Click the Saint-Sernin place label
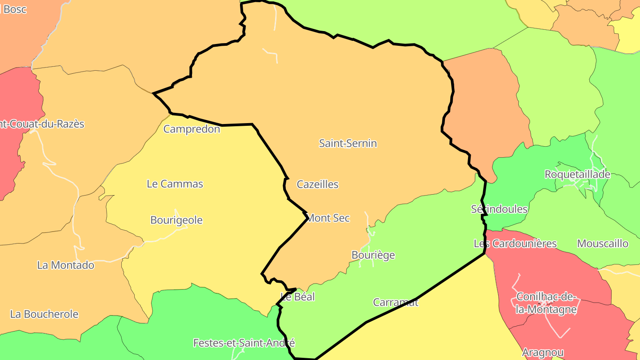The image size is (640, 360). point(348,143)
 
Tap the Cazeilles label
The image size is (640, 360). point(317,184)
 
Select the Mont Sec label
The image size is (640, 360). point(328,218)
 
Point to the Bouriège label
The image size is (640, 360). point(373,255)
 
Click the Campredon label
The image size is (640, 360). point(192,129)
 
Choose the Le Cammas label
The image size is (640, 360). point(175,184)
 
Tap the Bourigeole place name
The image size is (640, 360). point(176,220)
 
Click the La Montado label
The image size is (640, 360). point(66,265)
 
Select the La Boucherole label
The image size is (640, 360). point(44,314)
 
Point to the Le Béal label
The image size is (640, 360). point(298,296)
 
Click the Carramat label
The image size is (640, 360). point(396,302)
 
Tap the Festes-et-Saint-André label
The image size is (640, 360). point(244,343)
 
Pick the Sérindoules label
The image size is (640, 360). point(499,209)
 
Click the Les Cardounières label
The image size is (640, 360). point(515,243)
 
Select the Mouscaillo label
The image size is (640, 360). point(603,243)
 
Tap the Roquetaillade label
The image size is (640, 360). point(577,174)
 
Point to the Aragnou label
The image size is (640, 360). point(543,352)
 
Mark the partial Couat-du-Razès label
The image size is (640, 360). point(42,124)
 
